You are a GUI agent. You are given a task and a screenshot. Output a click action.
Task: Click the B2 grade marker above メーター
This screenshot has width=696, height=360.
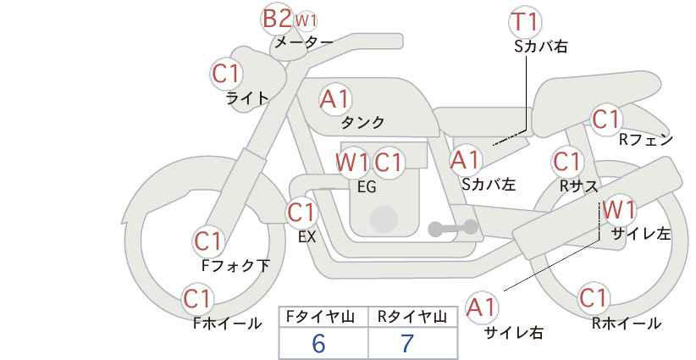point(277,19)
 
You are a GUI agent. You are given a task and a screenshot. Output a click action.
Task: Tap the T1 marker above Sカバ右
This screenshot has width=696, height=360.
point(525,21)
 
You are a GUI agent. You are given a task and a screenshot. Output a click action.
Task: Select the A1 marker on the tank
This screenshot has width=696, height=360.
point(335,99)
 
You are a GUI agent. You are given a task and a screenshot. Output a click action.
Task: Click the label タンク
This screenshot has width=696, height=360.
point(362,122)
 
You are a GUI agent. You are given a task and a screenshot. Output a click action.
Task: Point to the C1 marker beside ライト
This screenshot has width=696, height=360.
point(226,74)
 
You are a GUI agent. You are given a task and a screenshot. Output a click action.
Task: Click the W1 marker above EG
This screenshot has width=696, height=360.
point(352,162)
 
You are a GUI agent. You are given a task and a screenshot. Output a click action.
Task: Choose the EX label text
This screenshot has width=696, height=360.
point(307,237)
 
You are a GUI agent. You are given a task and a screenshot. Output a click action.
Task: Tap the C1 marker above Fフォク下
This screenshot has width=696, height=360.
point(208,242)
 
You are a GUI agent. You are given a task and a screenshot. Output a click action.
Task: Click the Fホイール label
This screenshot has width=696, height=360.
point(227,324)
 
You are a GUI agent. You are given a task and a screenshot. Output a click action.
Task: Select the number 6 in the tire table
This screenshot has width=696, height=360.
point(318,343)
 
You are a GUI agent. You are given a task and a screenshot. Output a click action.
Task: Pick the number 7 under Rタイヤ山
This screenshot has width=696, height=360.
point(407,343)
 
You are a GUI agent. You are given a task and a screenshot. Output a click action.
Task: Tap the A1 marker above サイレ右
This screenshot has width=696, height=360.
point(482,307)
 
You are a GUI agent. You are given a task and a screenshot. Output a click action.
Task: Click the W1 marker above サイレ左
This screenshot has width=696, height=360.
point(619,209)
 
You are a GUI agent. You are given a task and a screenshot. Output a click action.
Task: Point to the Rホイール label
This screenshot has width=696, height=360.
point(627,324)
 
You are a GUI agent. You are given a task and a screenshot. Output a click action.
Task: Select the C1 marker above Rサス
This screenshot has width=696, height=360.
point(567,162)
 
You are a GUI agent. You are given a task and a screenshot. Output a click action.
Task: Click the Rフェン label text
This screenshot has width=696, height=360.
point(646,140)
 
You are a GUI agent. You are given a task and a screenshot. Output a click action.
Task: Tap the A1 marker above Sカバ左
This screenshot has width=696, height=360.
point(465,160)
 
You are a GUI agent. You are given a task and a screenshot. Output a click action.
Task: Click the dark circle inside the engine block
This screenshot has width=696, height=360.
point(384,219)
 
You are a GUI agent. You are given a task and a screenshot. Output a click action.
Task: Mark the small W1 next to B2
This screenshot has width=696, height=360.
point(306,19)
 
